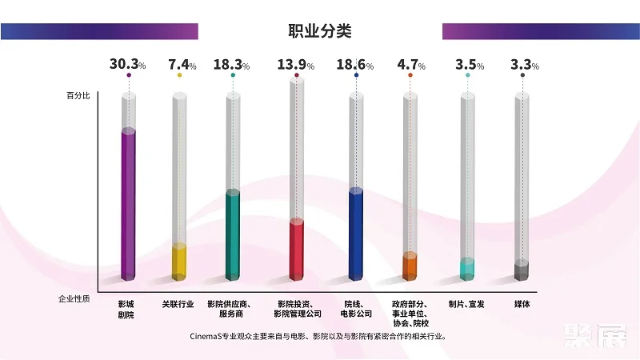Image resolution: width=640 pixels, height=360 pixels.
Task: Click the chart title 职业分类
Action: click(320, 31)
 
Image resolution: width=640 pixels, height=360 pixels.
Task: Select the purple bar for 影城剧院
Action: click(128, 204)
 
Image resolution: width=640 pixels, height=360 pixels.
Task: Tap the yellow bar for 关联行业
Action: click(179, 262)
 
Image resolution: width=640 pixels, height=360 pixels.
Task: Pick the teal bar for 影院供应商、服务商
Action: click(233, 234)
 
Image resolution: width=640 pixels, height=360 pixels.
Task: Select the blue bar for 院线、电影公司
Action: click(357, 234)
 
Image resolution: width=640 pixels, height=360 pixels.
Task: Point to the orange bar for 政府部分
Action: click(410, 266)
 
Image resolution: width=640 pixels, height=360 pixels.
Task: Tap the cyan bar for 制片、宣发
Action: click(467, 269)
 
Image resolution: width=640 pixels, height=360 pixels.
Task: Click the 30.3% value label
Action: click(128, 65)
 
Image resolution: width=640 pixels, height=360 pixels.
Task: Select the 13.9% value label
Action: click(297, 65)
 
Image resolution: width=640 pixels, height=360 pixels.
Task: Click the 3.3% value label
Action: click(522, 65)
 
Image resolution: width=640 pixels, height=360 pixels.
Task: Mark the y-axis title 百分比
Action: click(78, 96)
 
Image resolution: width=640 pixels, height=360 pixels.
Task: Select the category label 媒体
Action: click(522, 304)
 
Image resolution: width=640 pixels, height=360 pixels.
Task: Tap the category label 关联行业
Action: click(178, 304)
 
